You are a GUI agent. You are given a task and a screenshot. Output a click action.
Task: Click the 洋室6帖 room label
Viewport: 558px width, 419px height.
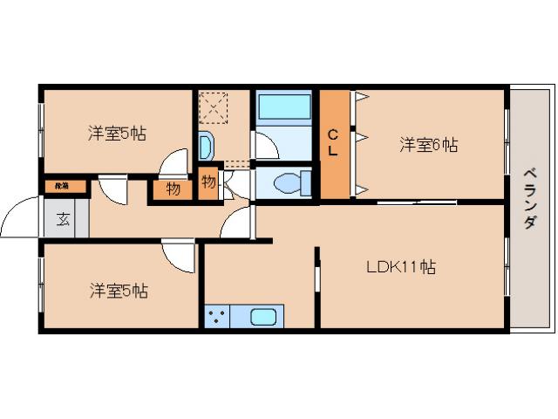(428, 146)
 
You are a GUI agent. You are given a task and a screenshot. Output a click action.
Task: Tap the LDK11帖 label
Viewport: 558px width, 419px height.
(400, 267)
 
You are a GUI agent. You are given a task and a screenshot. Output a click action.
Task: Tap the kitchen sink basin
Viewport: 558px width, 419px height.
(263, 317)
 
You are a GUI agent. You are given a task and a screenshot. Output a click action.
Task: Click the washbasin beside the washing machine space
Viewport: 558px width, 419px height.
(206, 146)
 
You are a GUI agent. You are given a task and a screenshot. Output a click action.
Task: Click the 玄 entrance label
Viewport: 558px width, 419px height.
(65, 218)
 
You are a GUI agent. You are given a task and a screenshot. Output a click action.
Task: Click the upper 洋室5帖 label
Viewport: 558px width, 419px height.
(116, 134)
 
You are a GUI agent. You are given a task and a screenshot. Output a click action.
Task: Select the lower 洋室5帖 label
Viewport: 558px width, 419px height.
(118, 290)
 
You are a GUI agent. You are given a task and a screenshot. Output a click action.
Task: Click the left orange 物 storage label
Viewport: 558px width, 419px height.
(173, 189)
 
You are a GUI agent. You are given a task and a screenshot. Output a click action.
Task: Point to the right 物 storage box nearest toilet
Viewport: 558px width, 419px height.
(209, 182)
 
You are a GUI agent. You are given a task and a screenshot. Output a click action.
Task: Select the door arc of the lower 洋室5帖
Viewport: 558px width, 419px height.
(180, 257)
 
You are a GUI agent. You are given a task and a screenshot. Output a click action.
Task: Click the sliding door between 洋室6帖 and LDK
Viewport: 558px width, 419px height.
(417, 203)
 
